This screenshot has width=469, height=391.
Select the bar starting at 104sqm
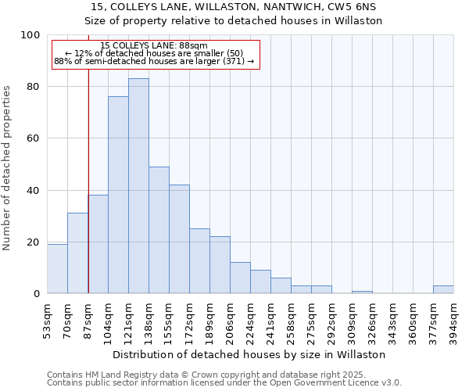pos(118,195)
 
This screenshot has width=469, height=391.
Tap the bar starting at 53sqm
pos(57,269)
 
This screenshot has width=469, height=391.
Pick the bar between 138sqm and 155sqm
pos(159,230)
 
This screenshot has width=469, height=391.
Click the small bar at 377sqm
pos(443,289)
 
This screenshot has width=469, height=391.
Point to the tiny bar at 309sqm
pos(362,292)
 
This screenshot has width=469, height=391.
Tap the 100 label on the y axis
pos(31,35)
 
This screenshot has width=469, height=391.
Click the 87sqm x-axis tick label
pos(88,320)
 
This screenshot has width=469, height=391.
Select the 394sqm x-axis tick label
pos(454,320)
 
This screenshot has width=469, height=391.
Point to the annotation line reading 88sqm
pos(154,46)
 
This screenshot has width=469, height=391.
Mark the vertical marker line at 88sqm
pos(88,180)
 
